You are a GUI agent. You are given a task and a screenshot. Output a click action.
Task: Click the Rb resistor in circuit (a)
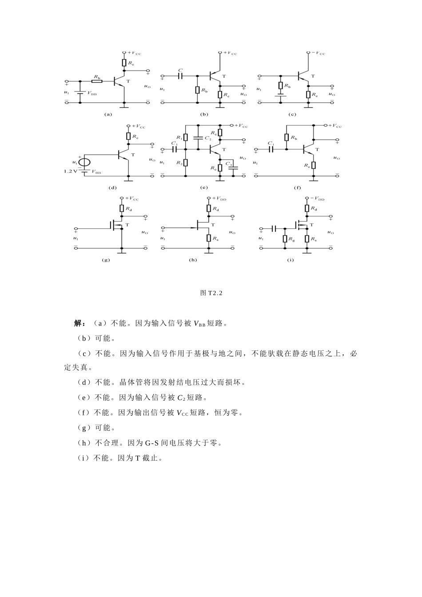[97, 81]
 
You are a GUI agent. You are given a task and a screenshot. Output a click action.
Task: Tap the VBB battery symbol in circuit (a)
[80, 93]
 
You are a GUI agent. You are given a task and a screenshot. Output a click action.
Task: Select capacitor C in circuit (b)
[180, 76]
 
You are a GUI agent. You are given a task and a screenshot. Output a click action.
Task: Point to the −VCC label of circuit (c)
[318, 53]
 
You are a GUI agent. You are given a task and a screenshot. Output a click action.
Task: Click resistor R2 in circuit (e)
[186, 163]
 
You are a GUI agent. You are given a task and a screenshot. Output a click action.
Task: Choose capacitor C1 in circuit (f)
[271, 149]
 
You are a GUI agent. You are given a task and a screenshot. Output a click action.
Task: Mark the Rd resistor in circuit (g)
[122, 208]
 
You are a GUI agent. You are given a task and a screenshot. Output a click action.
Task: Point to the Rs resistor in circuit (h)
[209, 238]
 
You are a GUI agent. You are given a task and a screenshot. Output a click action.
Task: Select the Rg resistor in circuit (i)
[285, 239]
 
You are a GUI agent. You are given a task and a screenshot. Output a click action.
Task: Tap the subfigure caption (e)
[204, 187]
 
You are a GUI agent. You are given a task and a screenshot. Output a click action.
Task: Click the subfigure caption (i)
[291, 260]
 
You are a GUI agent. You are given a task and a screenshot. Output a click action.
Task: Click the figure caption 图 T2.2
[211, 293]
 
